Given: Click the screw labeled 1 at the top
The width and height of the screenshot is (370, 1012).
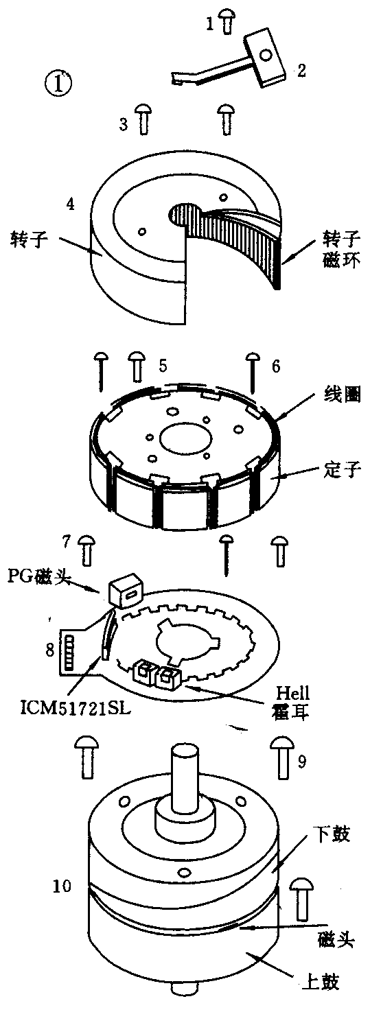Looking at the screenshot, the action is [x=227, y=21].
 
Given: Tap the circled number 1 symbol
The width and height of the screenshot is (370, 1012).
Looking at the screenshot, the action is [x=58, y=84].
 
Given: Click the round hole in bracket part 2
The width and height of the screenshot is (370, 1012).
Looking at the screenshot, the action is [x=266, y=55].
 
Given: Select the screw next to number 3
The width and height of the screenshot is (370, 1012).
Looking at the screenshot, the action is [x=143, y=119].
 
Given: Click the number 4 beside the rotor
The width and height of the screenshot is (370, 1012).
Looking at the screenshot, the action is [x=70, y=204].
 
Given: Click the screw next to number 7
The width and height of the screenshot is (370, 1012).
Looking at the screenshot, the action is [x=86, y=550].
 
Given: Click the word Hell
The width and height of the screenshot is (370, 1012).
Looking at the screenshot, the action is [x=292, y=692].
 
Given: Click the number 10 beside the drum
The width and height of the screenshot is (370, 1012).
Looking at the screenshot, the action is [x=62, y=886].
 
